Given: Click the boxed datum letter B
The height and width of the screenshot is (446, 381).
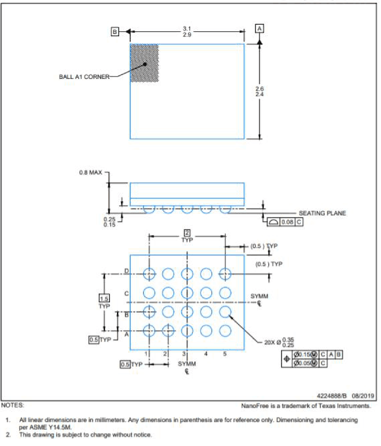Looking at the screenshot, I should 115,32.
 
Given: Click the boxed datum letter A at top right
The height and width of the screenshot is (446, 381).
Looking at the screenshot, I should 259,28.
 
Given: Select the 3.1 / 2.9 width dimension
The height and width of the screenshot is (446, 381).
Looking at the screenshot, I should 187,32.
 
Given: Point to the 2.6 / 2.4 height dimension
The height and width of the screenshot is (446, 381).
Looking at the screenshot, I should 259,91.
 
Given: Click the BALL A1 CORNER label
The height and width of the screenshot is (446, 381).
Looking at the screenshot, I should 84,77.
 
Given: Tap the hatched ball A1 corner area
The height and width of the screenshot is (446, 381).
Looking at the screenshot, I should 144,63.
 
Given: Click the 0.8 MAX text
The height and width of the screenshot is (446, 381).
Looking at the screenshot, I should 90,173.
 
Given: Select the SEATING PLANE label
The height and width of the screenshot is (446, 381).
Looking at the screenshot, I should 322,213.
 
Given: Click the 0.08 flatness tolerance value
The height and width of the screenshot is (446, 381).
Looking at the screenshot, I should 287,222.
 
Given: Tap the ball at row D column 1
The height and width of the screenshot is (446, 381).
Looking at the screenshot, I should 149,274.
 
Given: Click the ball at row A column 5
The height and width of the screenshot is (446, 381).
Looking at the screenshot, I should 225,331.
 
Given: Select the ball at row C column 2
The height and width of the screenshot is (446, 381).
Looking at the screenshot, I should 168,293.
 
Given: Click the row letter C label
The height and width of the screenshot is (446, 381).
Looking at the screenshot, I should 127,293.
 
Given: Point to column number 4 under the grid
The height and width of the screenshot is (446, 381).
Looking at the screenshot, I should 206,354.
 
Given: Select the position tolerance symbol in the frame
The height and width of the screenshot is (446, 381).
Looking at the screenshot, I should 287,359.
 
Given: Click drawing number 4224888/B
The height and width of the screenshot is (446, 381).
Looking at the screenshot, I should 332,396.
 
